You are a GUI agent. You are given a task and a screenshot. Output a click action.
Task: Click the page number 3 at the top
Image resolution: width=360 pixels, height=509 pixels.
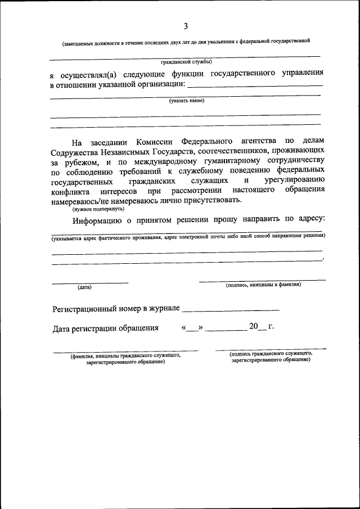tap(185, 26)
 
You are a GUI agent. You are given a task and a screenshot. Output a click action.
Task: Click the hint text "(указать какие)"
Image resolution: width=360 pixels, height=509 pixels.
tap(187, 101)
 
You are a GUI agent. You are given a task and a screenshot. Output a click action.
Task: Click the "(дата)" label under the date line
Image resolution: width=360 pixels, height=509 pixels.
tap(84, 287)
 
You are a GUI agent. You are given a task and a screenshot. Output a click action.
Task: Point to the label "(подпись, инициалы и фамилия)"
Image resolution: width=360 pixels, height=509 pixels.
tap(263, 285)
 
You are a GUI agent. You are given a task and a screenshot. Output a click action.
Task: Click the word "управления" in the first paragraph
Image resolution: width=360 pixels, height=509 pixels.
tap(303, 74)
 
